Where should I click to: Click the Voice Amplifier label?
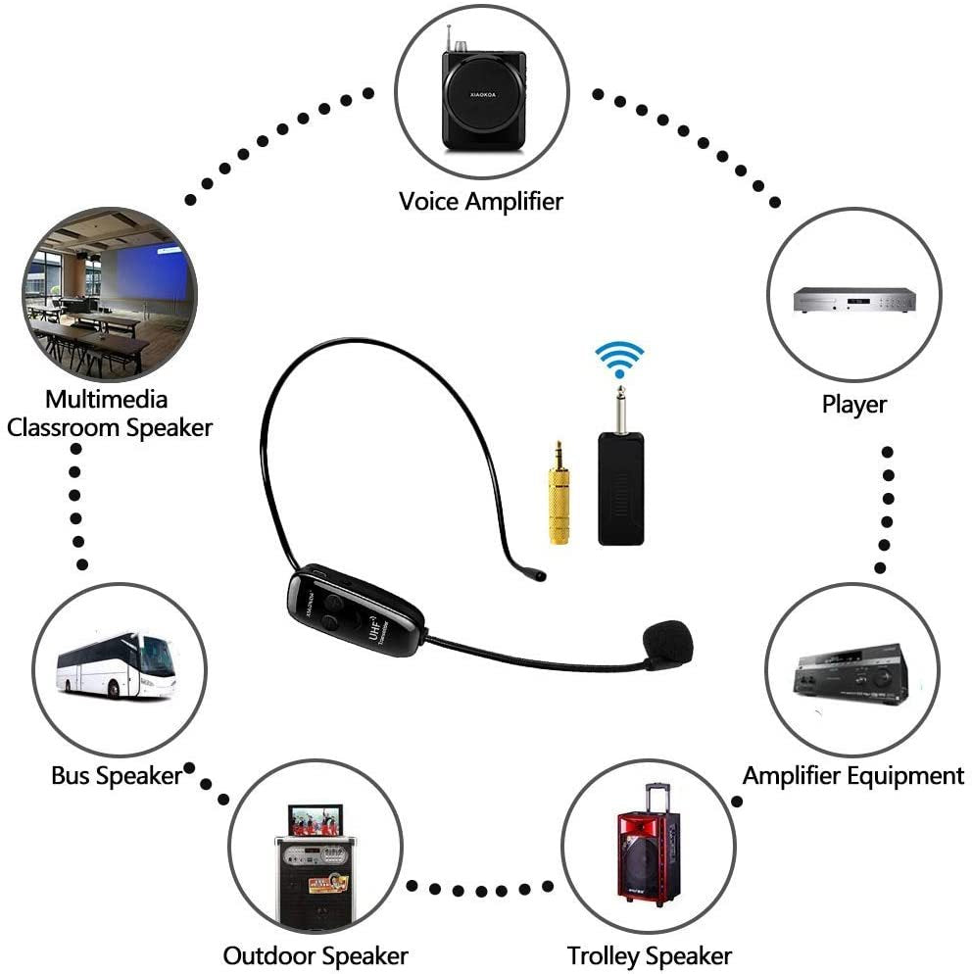(x=480, y=201)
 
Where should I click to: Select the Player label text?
(x=853, y=404)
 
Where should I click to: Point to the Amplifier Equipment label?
(x=852, y=775)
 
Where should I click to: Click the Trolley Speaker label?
(x=649, y=954)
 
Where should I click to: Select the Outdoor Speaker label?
(x=315, y=954)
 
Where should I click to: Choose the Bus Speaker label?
(x=117, y=775)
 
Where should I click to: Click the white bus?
(x=115, y=663)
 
